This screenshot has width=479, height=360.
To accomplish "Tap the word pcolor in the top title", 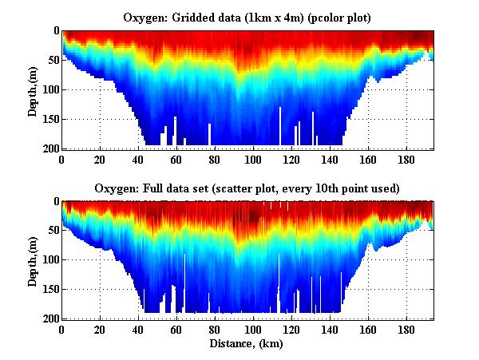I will [x=315, y=17].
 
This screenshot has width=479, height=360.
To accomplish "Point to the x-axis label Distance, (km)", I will [x=247, y=344].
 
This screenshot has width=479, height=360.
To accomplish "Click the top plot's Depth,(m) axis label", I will [x=34, y=89].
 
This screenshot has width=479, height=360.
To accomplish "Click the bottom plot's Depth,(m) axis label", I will [x=34, y=260].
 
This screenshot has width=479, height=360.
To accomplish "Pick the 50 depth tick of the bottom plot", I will [x=51, y=231].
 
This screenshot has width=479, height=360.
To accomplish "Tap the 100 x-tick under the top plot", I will [x=255, y=159].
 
